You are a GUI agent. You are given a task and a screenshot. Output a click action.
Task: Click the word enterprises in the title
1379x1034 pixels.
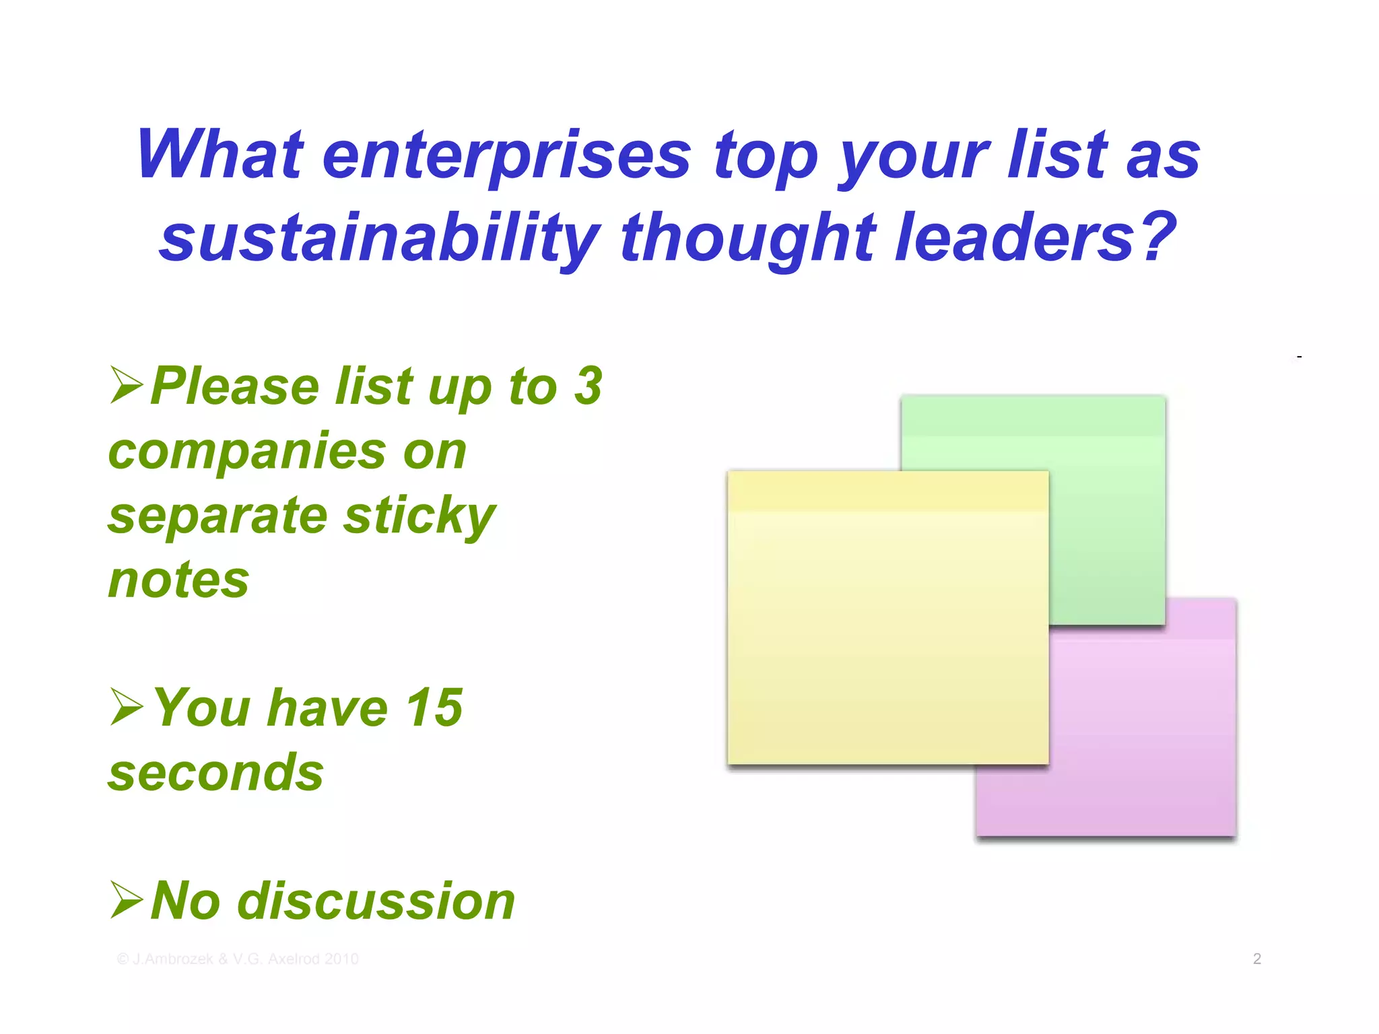pyautogui.click(x=506, y=156)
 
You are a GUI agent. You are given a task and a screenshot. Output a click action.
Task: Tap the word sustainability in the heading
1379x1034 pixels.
pyautogui.click(x=380, y=238)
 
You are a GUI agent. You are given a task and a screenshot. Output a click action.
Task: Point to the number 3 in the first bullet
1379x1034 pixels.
pyautogui.click(x=588, y=386)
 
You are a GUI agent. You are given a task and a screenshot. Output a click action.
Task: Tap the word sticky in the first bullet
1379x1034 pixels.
pyautogui.click(x=419, y=516)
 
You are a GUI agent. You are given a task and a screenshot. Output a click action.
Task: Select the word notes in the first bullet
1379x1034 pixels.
pyautogui.click(x=178, y=580)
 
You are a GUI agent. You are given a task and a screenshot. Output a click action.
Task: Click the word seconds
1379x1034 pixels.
pyautogui.click(x=215, y=772)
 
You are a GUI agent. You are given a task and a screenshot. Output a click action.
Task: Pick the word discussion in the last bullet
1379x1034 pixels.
pyautogui.click(x=376, y=901)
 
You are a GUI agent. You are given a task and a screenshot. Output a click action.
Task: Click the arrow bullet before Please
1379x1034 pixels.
pyautogui.click(x=127, y=385)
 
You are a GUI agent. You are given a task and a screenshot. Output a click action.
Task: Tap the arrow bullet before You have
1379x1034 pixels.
pyautogui.click(x=127, y=707)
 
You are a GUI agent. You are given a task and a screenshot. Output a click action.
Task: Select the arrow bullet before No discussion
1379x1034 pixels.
pyautogui.click(x=127, y=900)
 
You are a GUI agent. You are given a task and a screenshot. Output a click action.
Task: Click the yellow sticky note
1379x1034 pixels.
pyautogui.click(x=887, y=617)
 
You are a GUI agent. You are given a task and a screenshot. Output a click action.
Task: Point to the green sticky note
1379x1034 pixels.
pyautogui.click(x=1104, y=512)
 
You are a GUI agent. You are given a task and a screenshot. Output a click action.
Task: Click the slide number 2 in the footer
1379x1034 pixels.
pyautogui.click(x=1256, y=959)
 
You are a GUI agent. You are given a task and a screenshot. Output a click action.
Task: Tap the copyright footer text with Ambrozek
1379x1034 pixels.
pyautogui.click(x=238, y=959)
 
